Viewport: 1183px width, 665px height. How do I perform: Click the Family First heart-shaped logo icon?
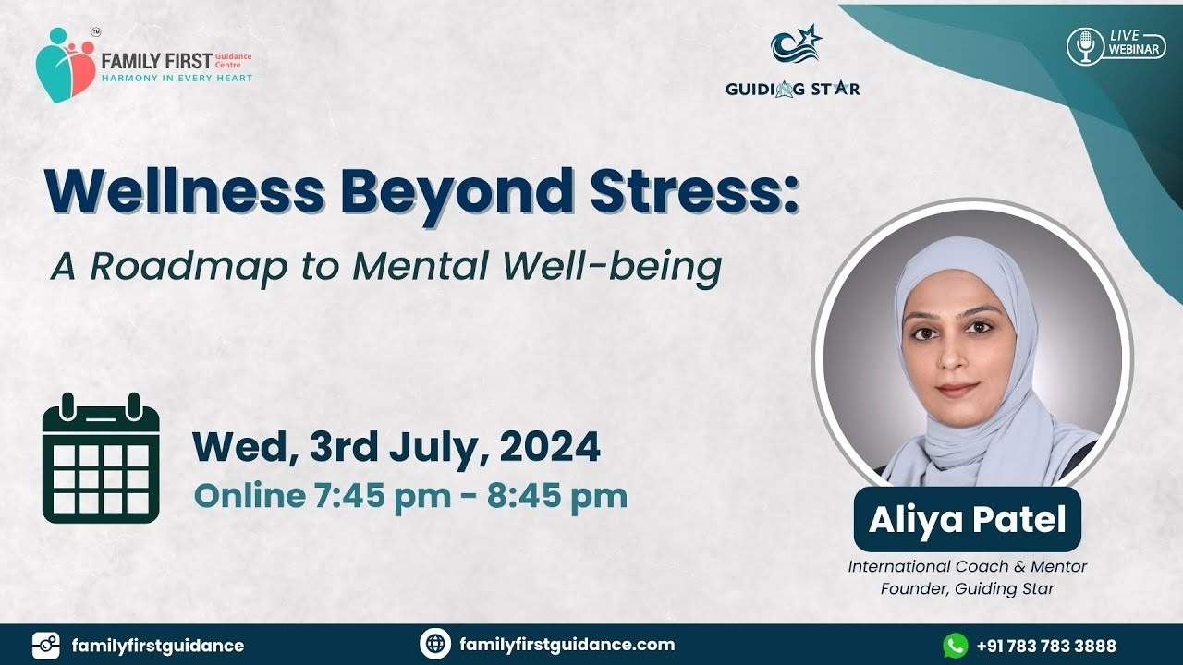66,65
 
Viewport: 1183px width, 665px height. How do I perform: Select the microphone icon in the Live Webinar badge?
1085,47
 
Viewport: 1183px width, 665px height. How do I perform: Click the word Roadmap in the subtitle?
189,267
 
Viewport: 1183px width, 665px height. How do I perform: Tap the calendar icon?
101,457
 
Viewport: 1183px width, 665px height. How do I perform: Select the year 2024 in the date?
549,447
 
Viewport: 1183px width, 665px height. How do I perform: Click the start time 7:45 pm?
383,496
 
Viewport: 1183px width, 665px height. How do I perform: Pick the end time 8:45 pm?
557,496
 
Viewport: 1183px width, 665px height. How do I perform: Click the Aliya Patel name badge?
967,519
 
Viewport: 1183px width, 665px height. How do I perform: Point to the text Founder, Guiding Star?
967,588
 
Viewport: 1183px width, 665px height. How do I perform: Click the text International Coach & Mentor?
967,566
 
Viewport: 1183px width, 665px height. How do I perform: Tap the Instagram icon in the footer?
46,646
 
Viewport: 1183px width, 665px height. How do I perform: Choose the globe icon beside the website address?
435,645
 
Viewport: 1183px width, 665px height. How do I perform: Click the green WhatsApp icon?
956,646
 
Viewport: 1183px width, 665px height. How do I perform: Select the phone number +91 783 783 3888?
1046,646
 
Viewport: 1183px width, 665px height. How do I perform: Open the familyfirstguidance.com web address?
567,645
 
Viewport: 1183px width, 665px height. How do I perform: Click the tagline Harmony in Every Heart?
177,79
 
